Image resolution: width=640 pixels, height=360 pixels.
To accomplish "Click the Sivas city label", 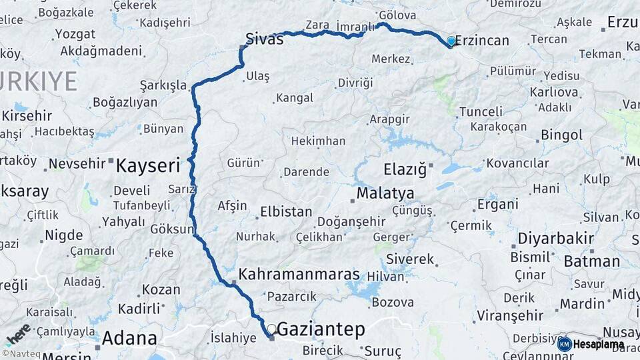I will (x=264, y=38).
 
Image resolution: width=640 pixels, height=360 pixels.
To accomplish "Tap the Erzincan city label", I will (x=483, y=41).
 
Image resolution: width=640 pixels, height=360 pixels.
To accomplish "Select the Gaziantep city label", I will (x=321, y=329).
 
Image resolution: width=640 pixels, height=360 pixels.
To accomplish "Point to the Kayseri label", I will (x=148, y=165).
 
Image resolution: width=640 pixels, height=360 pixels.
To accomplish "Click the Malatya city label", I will (x=385, y=193).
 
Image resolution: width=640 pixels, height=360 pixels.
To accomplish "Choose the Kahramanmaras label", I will (x=299, y=275).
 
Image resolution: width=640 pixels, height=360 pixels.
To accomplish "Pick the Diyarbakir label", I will (x=546, y=238).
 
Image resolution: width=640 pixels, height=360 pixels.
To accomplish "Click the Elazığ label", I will (x=404, y=169).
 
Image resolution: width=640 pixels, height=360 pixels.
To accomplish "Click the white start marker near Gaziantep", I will (x=271, y=329).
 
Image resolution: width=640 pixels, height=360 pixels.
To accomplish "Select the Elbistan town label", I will (x=285, y=211).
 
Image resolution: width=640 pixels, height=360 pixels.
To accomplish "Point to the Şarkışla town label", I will (x=163, y=85).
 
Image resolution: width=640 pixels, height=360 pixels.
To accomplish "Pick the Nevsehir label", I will (x=78, y=163).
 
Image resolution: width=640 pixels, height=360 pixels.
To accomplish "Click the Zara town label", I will (x=317, y=25).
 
